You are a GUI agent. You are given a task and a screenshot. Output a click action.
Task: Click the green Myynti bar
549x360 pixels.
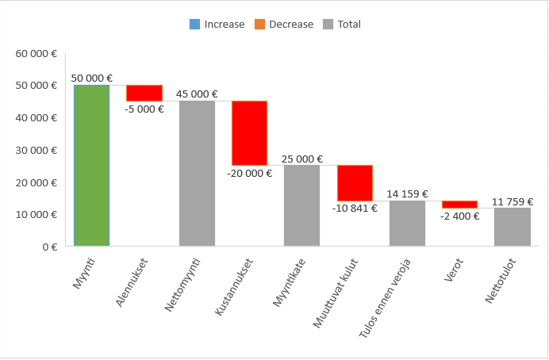[x=92, y=165]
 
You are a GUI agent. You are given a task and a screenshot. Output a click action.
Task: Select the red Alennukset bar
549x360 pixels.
[x=144, y=93]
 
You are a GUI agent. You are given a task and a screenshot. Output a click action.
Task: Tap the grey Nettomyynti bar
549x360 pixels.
[x=197, y=173]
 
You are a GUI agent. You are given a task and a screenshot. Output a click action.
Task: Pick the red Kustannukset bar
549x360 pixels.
[x=249, y=132]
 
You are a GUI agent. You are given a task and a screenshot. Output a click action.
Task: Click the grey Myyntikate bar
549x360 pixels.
[x=301, y=205]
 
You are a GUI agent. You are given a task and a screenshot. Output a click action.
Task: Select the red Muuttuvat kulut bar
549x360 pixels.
[x=355, y=183]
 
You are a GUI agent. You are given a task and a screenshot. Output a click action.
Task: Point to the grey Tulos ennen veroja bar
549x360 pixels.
[x=407, y=223]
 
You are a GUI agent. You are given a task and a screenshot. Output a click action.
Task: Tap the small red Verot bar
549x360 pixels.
[x=459, y=205]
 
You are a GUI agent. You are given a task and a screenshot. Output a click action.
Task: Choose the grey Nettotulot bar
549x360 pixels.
[x=512, y=227]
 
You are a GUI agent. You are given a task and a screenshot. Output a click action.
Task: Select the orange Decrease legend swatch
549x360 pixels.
[x=259, y=25]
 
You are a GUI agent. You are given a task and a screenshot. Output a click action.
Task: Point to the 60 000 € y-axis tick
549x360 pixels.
[x=36, y=54]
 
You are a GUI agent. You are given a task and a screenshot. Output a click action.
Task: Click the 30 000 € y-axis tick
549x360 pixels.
[x=36, y=151]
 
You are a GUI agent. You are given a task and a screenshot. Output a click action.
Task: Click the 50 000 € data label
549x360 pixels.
[x=92, y=79]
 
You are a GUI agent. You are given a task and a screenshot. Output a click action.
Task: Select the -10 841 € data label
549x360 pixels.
[x=355, y=209]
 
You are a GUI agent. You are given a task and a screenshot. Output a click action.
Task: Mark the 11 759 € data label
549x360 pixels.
[x=512, y=201]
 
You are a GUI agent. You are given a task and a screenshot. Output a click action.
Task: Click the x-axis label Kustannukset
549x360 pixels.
[x=236, y=285]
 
